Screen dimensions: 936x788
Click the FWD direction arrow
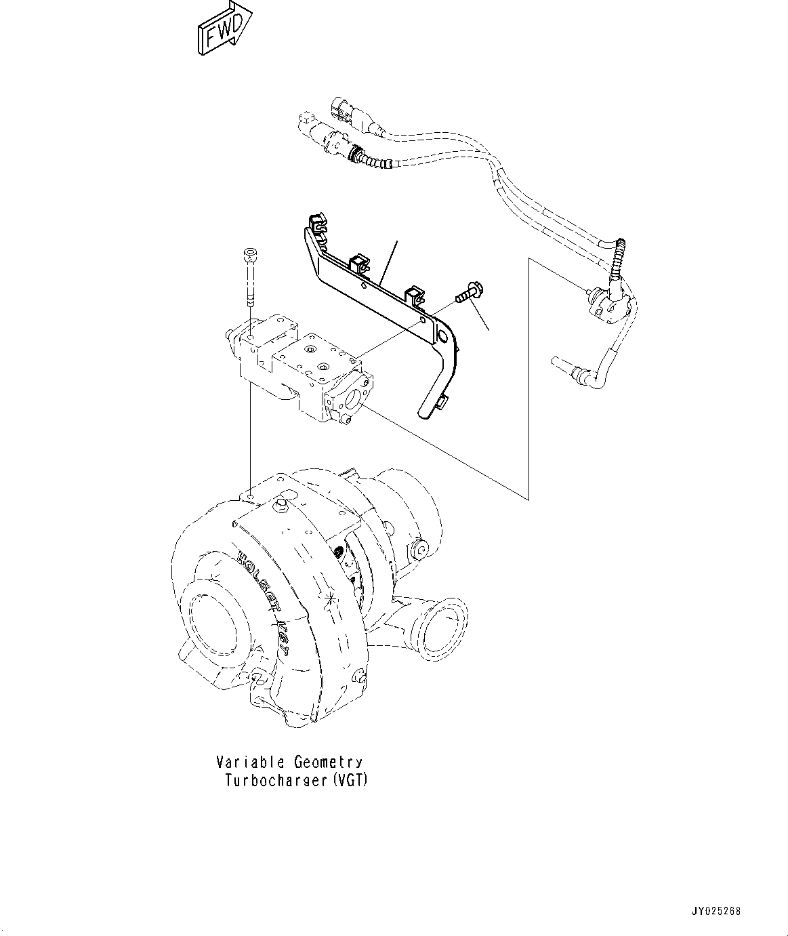tap(224, 28)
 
